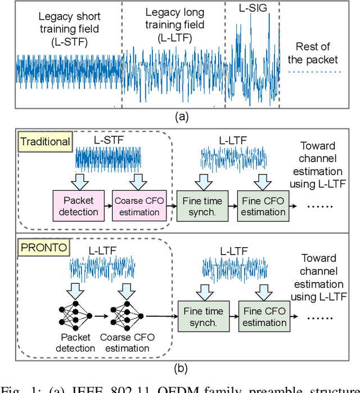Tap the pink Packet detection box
tap(79, 207)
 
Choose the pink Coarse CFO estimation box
tap(137, 207)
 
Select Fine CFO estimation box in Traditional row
tap(264, 207)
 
